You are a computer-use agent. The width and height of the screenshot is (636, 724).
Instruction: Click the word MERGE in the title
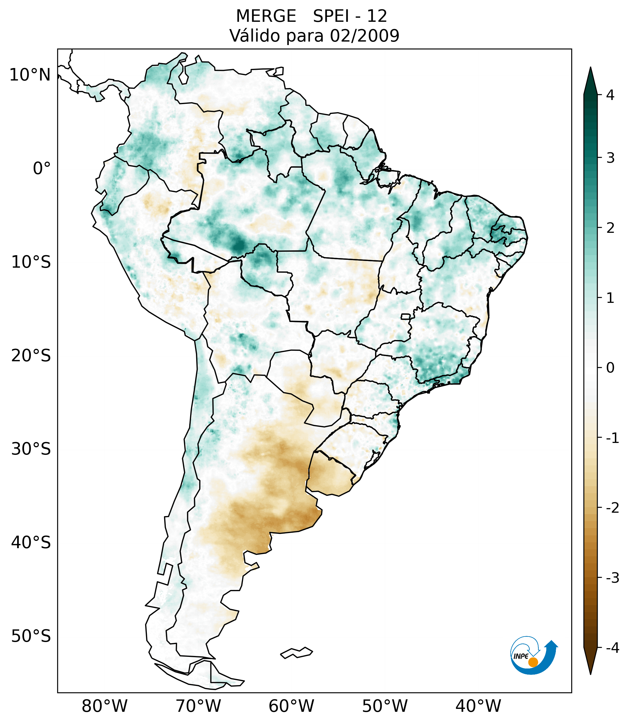pyautogui.click(x=266, y=16)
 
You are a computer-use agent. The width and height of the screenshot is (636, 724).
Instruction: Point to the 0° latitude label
pyautogui.click(x=42, y=169)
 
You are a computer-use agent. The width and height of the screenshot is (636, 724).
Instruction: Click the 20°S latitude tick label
pyautogui.click(x=31, y=356)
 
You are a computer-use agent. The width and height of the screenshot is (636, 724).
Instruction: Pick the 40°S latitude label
pyautogui.click(x=31, y=543)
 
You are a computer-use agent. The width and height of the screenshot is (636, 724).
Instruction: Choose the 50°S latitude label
pyautogui.click(x=31, y=636)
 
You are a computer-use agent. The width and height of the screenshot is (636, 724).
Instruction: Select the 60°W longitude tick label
pyautogui.click(x=291, y=706)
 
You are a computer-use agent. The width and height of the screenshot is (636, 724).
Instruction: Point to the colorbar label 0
pyautogui.click(x=610, y=368)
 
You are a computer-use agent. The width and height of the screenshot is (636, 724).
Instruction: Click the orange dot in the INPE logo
pyautogui.click(x=533, y=662)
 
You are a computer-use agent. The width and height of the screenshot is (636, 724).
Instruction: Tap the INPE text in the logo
pyautogui.click(x=521, y=656)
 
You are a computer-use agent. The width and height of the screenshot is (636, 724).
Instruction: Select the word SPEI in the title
pyautogui.click(x=331, y=16)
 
